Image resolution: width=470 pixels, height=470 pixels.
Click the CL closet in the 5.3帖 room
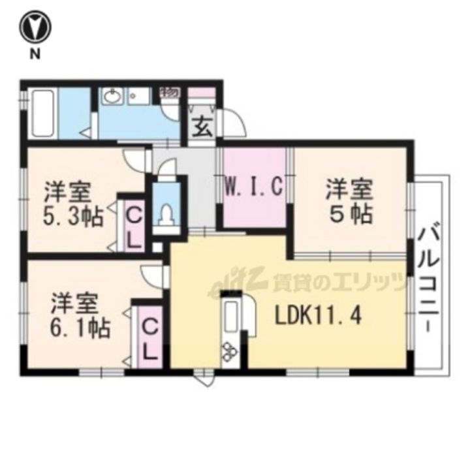134,225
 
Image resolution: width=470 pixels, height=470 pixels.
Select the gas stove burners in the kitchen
230,353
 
